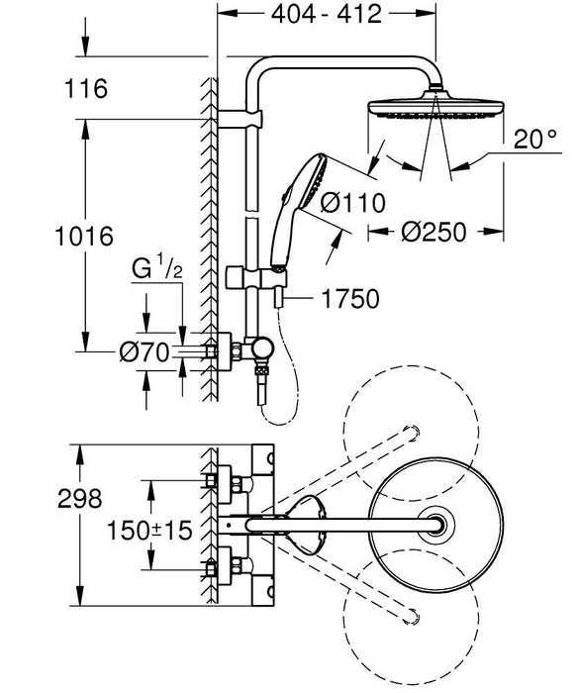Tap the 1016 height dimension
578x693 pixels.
[87, 237]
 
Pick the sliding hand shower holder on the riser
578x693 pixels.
[238, 273]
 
